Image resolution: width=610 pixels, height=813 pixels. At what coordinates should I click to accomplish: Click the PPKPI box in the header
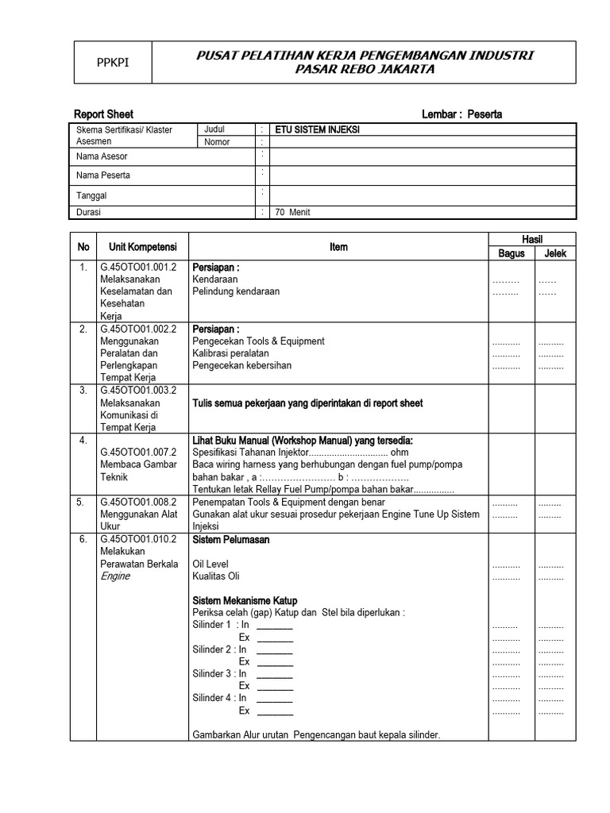112,63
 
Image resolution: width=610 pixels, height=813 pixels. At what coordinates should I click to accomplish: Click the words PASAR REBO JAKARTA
365,69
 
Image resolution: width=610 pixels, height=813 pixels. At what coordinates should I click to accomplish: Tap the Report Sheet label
103,114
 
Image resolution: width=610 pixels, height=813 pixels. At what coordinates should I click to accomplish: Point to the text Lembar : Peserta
461,114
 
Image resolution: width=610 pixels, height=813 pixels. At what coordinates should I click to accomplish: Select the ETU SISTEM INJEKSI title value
317,129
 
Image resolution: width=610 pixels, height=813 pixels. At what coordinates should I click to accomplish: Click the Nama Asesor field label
102,156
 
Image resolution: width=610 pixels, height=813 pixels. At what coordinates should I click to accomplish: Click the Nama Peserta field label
103,175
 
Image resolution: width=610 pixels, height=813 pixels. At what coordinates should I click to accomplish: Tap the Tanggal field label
91,195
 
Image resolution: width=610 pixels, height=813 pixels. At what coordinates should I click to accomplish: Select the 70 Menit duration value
293,213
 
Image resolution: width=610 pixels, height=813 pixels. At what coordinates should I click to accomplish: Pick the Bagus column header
511,254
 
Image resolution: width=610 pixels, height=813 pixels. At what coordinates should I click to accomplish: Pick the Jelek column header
555,254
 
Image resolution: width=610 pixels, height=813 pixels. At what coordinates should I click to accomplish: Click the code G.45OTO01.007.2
138,453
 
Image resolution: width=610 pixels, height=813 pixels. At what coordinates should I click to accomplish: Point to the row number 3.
83,391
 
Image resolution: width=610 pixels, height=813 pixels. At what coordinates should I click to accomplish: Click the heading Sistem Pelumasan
231,540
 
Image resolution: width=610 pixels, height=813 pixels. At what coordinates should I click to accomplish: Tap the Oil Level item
210,564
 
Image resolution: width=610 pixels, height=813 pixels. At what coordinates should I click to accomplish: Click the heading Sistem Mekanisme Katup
249,600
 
